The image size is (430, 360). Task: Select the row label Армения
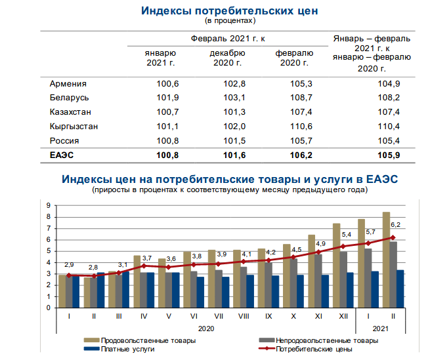(68, 83)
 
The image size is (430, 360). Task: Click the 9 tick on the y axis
(49, 206)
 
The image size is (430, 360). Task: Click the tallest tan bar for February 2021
(386, 260)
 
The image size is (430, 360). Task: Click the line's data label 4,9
(320, 243)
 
